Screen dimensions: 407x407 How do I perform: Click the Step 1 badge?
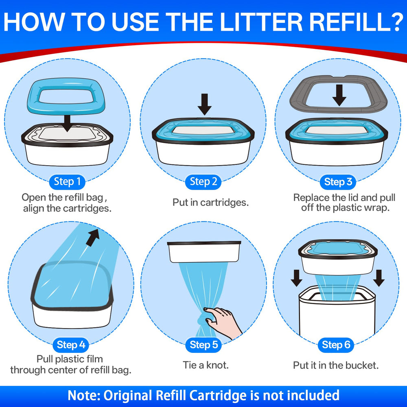point(67,182)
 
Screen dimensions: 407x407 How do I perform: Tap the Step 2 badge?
point(203,182)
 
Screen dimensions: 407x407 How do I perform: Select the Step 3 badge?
point(338,182)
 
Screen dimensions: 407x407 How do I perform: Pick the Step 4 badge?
point(71,345)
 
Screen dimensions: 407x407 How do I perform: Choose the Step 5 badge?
point(203,345)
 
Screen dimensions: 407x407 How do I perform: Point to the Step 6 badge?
point(336,345)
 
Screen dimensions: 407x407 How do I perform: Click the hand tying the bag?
point(223,322)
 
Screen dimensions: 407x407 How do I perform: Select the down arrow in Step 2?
point(205,104)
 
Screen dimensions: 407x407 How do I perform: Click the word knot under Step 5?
point(217,365)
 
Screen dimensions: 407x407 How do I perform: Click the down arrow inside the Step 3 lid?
point(339,95)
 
